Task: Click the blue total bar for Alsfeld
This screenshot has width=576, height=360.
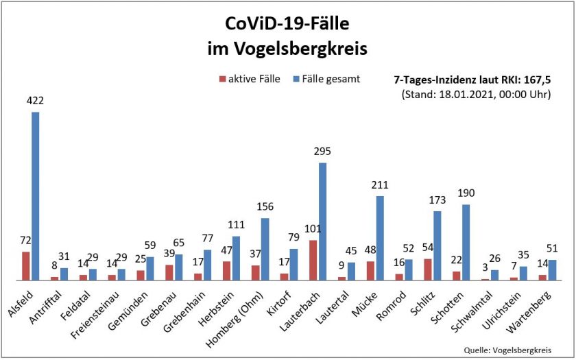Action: pyautogui.click(x=36, y=196)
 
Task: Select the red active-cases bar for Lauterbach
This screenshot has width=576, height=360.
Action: pyautogui.click(x=313, y=260)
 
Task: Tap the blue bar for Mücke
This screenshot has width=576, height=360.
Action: pyautogui.click(x=380, y=238)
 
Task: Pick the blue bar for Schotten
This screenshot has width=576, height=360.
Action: pyautogui.click(x=466, y=242)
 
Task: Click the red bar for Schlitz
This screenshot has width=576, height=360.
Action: pyautogui.click(x=428, y=269)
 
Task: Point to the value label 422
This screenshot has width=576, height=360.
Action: pyautogui.click(x=36, y=101)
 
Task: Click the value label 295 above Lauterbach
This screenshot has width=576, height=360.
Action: pyautogui.click(x=322, y=152)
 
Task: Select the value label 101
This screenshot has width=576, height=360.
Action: pyautogui.click(x=312, y=229)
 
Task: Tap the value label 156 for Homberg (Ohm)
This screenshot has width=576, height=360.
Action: pyautogui.click(x=265, y=207)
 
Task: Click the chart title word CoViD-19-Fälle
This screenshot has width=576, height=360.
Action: pyautogui.click(x=287, y=25)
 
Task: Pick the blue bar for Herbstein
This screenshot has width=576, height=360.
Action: pyautogui.click(x=236, y=259)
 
